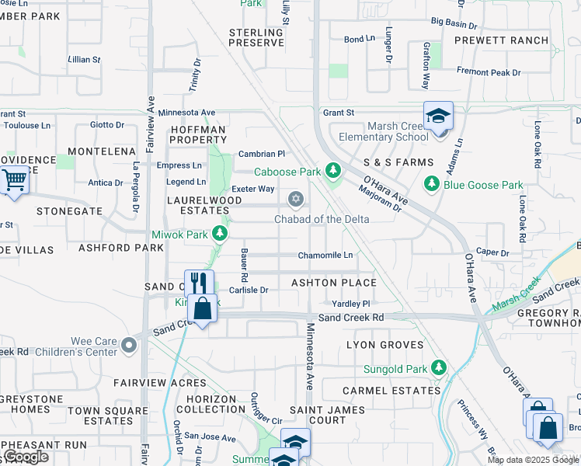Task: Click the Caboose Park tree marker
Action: (333, 170)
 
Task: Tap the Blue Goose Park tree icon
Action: (433, 185)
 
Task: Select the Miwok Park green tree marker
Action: (221, 234)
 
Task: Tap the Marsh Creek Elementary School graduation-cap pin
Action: (438, 116)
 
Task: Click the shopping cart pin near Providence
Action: (14, 181)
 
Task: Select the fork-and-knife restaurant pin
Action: (199, 282)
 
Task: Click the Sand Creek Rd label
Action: (351, 318)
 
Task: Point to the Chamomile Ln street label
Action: (325, 256)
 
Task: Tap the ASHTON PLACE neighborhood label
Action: (333, 283)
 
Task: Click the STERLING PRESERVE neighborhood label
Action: (256, 37)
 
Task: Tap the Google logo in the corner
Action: (26, 457)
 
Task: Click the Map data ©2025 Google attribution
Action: (534, 460)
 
